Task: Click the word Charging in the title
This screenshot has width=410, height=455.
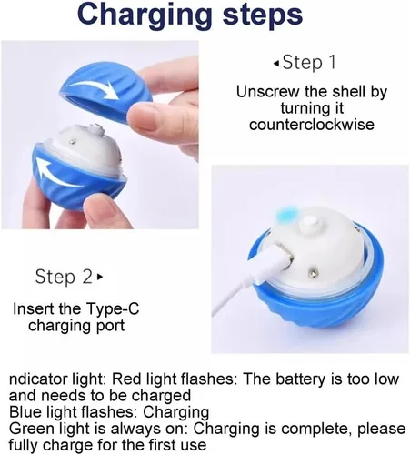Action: tap(145, 15)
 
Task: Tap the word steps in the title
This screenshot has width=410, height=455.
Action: tap(263, 14)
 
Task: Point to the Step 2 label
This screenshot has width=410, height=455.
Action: tap(64, 277)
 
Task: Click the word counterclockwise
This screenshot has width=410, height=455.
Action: tap(312, 125)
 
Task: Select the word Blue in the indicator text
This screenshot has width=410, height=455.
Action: tap(25, 412)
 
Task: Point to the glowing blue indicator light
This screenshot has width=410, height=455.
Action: tap(286, 214)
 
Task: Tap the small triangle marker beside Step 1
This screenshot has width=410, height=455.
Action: tap(275, 63)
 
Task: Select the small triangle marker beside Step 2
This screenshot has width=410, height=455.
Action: tap(100, 277)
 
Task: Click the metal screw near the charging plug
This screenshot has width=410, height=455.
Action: tap(312, 274)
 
